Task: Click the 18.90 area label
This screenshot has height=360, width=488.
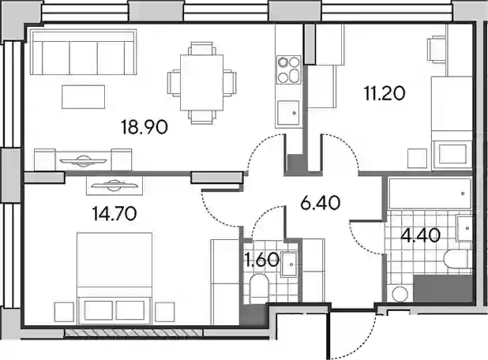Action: pyautogui.click(x=145, y=127)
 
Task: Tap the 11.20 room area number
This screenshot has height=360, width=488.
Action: pyautogui.click(x=385, y=93)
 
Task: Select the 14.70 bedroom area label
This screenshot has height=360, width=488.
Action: pyautogui.click(x=114, y=213)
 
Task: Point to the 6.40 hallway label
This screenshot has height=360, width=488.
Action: pyautogui.click(x=321, y=203)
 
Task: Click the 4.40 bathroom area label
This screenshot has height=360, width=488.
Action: pyautogui.click(x=420, y=235)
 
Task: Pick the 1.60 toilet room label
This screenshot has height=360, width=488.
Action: pyautogui.click(x=262, y=260)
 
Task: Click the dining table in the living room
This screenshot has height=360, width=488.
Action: pyautogui.click(x=201, y=83)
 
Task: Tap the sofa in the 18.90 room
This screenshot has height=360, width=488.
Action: pyautogui.click(x=83, y=52)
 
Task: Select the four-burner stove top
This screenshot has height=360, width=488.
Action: pyautogui.click(x=289, y=69)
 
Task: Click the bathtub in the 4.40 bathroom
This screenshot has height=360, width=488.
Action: pyautogui.click(x=430, y=193)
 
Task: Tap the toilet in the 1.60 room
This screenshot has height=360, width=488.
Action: pyautogui.click(x=259, y=288)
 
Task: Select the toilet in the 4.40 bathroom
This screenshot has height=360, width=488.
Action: pyautogui.click(x=458, y=260)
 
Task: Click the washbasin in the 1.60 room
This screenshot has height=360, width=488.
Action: pyautogui.click(x=289, y=264)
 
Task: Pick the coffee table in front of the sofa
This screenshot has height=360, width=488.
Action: pyautogui.click(x=83, y=97)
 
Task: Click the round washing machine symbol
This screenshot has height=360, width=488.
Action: pyautogui.click(x=400, y=294)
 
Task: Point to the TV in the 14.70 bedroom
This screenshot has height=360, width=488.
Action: pyautogui.click(x=114, y=186)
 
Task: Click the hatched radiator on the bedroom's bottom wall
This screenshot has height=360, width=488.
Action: pyautogui.click(x=133, y=332)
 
